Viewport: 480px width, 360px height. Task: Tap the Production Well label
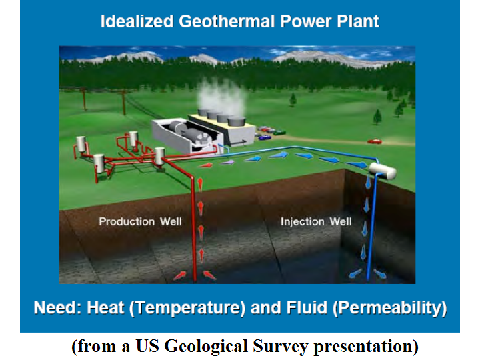click(140, 221)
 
